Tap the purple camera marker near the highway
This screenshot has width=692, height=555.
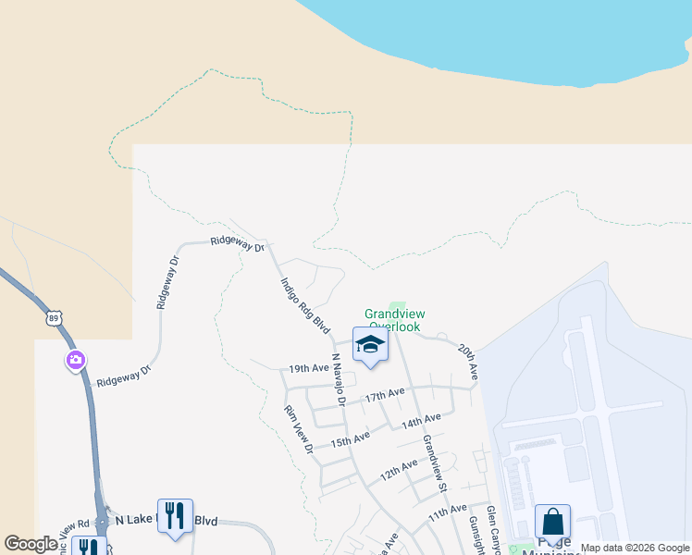pos(75,360)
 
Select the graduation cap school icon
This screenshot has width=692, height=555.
pos(369,345)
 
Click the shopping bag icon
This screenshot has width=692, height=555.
pos(552,521)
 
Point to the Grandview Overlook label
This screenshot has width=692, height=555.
pos(392,320)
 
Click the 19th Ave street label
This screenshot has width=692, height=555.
pos(308,368)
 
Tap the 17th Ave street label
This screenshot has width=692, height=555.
pos(384,394)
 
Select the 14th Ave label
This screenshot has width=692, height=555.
pos(420,421)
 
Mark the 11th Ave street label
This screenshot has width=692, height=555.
pos(448,511)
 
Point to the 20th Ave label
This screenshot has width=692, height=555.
pos(467,361)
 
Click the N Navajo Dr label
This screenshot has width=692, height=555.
pos(338,378)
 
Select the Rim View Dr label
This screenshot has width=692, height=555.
pos(300,428)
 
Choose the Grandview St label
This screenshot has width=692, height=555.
pos(435,462)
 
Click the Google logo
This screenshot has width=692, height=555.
pos(31,543)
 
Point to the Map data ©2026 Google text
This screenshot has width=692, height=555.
pos(635,548)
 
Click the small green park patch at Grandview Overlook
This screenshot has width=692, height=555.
pos(398,307)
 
